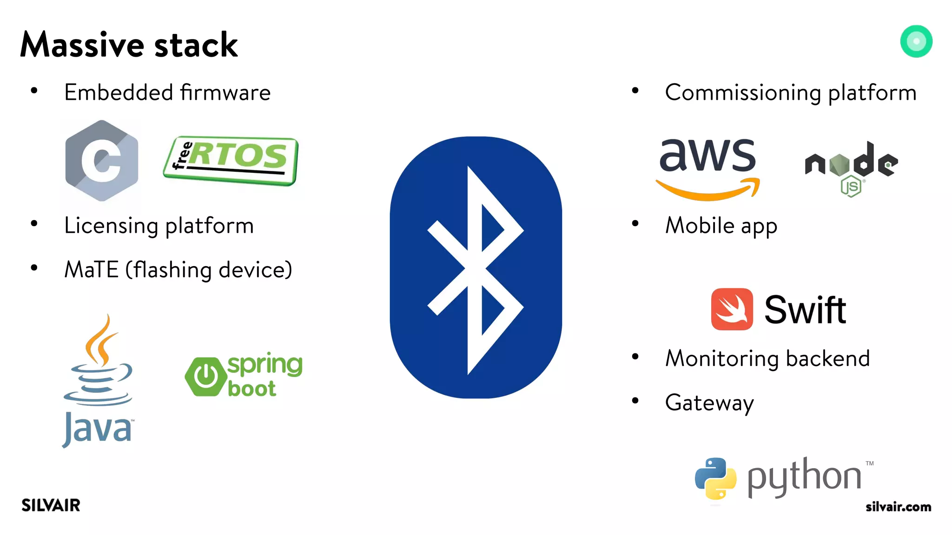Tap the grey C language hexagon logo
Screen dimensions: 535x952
(x=102, y=161)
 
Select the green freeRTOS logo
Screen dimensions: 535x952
(x=231, y=161)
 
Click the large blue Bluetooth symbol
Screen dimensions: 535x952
(x=476, y=267)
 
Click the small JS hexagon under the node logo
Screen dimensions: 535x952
(x=851, y=186)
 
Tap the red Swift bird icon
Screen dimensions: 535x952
(x=732, y=309)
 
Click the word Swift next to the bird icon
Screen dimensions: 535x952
(x=805, y=310)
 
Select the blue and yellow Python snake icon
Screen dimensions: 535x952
(x=715, y=478)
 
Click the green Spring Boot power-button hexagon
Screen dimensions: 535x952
(x=204, y=376)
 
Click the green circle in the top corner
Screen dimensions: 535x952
(x=916, y=41)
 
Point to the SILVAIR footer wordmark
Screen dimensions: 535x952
(x=51, y=505)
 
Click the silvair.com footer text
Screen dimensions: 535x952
(x=898, y=507)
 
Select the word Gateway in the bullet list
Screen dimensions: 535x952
(x=709, y=403)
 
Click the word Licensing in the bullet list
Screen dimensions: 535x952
(x=111, y=226)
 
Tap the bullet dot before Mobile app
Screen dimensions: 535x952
(x=635, y=224)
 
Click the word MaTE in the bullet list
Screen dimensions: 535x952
(x=91, y=270)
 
